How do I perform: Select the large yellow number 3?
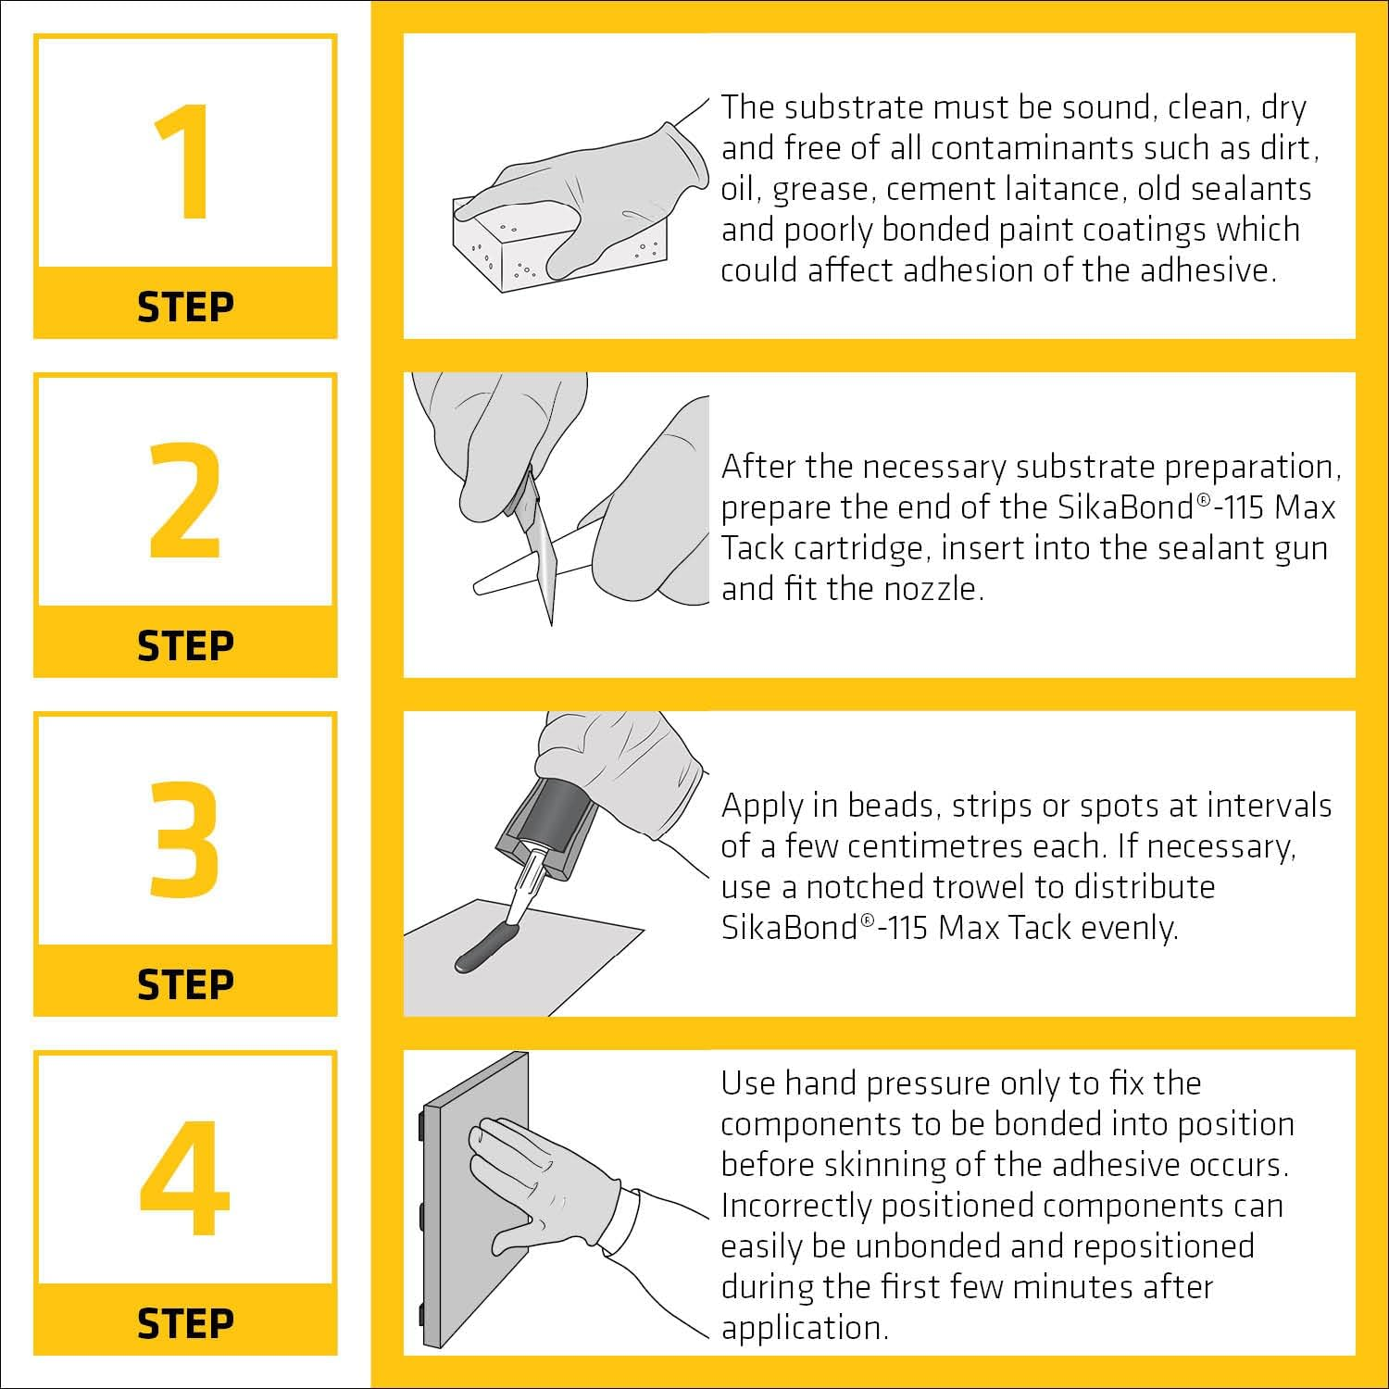click(185, 839)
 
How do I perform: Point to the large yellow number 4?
click(185, 1178)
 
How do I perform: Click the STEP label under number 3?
click(185, 984)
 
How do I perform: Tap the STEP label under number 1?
click(185, 307)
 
